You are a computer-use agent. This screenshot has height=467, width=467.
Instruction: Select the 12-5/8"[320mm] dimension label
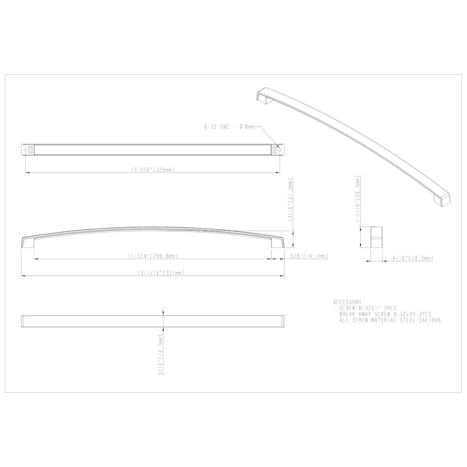pos(153,170)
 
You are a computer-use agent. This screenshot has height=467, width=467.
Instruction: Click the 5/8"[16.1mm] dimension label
pos(309,256)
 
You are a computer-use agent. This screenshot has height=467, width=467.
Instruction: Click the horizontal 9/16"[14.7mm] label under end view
pos(412,257)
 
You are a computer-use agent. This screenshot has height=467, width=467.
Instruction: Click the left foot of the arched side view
pos(27,243)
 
